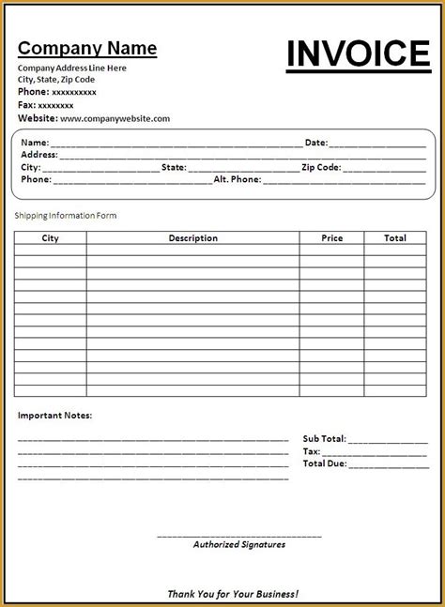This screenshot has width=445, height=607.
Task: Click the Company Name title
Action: point(87,49)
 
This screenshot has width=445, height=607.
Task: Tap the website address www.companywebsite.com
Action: point(115,119)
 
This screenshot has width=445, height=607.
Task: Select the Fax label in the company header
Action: point(26,106)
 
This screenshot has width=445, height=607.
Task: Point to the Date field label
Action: point(315,143)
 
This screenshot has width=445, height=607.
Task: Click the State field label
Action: point(174,167)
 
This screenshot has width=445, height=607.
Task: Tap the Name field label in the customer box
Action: point(33,143)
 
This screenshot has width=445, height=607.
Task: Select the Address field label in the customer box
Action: point(38,155)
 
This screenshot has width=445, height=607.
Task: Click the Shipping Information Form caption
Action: point(64,216)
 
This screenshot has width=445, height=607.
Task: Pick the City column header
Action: point(50,238)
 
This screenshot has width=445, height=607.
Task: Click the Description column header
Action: point(192,238)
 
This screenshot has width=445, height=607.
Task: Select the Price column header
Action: point(332,238)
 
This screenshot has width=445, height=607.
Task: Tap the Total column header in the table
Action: point(395,238)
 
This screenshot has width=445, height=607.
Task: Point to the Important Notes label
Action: point(54,415)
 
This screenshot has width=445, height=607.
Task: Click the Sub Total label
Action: point(324,438)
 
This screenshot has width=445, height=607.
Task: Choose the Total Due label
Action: point(324,463)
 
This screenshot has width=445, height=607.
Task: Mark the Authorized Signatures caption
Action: point(238,543)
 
